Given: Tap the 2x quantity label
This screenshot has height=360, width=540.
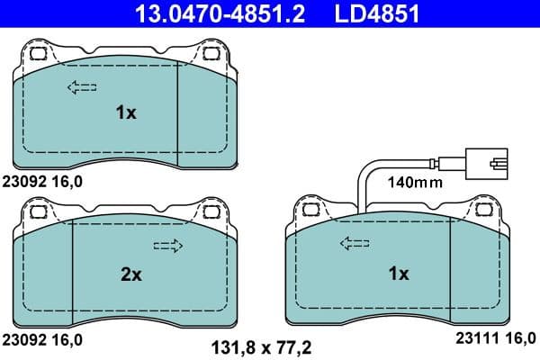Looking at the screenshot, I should tap(131, 275).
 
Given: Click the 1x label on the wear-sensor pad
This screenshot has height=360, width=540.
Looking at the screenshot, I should tap(398, 273).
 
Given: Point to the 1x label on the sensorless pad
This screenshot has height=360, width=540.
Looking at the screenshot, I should tap(126, 112).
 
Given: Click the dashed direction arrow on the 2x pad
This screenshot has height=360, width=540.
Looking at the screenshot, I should tap(168, 246).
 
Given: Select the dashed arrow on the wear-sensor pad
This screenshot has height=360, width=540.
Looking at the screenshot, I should tap(354, 243).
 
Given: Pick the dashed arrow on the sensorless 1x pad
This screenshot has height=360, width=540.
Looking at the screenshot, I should tap(81, 87).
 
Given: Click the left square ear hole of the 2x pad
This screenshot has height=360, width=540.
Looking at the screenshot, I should tap(38, 212).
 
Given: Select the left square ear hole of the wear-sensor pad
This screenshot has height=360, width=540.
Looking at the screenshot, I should tap(310, 209).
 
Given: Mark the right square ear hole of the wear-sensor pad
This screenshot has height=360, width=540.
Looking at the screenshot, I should tap(483, 209).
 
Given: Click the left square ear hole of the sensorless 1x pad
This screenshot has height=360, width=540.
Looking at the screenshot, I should tap(38, 52).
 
